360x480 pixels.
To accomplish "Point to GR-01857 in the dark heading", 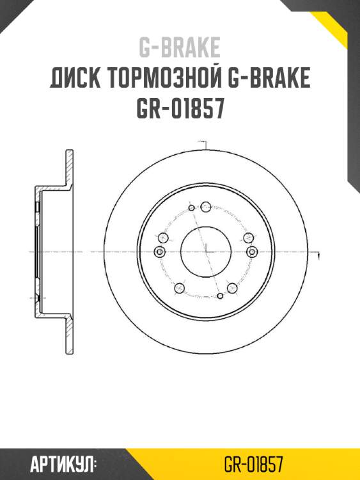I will point(180,109).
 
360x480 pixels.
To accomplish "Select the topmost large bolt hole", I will point(205,206).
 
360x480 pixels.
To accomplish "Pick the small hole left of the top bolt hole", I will point(191,209).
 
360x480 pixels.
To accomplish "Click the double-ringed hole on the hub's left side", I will point(160,251).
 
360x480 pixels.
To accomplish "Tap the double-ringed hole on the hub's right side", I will point(251,252).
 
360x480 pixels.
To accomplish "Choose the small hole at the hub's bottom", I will point(221,296).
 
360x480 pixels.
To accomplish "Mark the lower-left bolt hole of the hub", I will point(180,289).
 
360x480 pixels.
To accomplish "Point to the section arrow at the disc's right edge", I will point(318,256).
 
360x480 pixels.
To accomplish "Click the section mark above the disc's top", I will point(203,142).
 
